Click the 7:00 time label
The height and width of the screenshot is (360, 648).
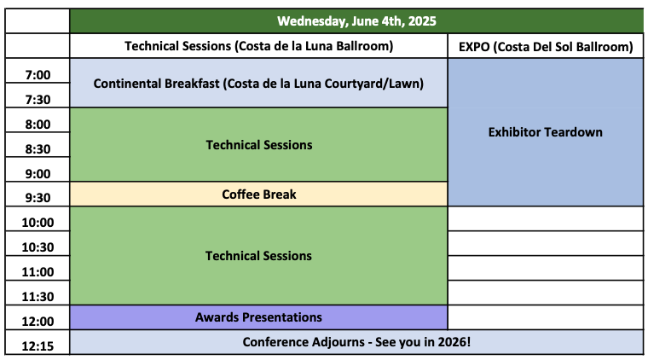click(x=38, y=75)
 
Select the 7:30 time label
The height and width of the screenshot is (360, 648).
click(x=38, y=100)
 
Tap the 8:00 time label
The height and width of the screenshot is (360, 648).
click(x=38, y=125)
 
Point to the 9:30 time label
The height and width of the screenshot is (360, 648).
click(x=38, y=198)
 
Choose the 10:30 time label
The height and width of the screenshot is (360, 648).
click(x=38, y=247)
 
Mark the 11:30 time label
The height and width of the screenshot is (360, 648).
click(x=38, y=297)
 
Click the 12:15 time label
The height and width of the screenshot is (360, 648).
click(x=38, y=346)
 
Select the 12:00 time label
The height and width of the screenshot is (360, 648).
click(x=38, y=321)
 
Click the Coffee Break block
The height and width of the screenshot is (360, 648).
click(x=258, y=195)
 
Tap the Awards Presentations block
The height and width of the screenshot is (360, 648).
click(x=258, y=317)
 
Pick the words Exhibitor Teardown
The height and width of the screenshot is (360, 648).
click(x=545, y=132)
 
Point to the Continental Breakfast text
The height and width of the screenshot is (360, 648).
click(x=156, y=84)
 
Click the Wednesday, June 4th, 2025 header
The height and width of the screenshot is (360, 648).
click(x=356, y=21)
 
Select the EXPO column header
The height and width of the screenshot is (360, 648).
click(x=546, y=46)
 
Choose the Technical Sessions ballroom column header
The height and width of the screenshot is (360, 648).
click(x=258, y=46)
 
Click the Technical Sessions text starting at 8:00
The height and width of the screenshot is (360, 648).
click(x=259, y=145)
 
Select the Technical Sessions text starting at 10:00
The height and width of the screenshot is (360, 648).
click(x=258, y=256)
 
